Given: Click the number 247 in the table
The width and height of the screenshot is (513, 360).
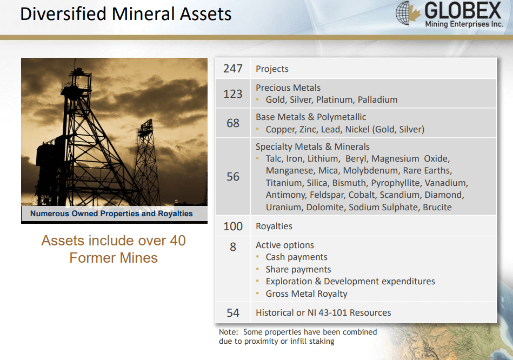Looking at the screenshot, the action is click(232, 69).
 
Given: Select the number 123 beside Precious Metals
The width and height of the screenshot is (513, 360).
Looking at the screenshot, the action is click(232, 94).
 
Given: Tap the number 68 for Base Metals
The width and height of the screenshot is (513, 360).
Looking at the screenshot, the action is click(233, 123).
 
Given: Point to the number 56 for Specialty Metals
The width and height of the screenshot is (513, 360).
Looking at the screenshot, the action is click(233, 177).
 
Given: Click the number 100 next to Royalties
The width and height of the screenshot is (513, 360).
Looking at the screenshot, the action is click(233, 226).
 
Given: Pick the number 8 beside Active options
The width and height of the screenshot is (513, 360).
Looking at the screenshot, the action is click(233, 247).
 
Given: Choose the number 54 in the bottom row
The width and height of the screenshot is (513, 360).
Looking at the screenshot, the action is click(233, 313).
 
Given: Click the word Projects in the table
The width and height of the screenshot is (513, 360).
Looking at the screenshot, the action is click(272, 69).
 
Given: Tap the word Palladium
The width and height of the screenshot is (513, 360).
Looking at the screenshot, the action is click(377, 99).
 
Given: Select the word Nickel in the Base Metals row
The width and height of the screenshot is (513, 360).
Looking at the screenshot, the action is click(357, 129).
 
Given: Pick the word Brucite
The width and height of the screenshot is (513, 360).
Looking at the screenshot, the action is click(437, 207).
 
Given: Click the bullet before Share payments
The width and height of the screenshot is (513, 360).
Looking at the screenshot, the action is click(258, 269).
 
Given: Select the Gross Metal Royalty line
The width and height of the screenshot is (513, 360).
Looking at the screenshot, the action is click(306, 294).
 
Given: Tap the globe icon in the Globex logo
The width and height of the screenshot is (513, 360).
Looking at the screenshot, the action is click(403, 13).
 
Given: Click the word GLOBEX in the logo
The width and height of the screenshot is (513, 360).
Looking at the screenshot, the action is click(463, 10).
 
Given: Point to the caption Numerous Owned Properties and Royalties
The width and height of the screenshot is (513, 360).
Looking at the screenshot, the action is click(111, 214).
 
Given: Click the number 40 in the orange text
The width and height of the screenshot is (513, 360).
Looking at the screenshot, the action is click(178, 241).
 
